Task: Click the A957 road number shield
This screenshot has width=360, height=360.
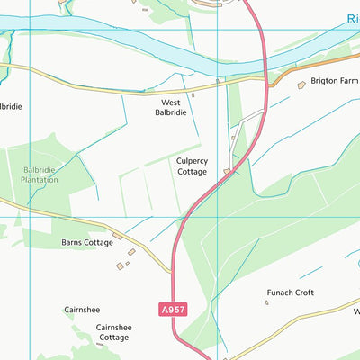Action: click(x=174, y=309)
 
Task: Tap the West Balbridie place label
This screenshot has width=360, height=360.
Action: click(x=170, y=109)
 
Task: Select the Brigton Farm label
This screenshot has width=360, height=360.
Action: click(x=334, y=80)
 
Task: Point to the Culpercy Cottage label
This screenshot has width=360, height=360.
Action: click(x=193, y=166)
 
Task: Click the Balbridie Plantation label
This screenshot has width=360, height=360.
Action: click(x=40, y=174)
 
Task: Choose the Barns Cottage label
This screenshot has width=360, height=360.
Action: click(x=87, y=242)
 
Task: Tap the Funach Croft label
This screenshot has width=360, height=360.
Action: click(x=290, y=292)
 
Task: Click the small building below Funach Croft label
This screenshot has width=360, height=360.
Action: click(x=266, y=303)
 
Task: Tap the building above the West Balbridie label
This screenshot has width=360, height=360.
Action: click(x=193, y=94)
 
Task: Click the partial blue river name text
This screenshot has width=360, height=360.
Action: click(x=352, y=18)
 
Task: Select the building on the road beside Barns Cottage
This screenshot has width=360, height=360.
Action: click(x=119, y=236)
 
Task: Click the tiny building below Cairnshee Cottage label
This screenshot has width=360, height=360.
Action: click(x=99, y=344)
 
